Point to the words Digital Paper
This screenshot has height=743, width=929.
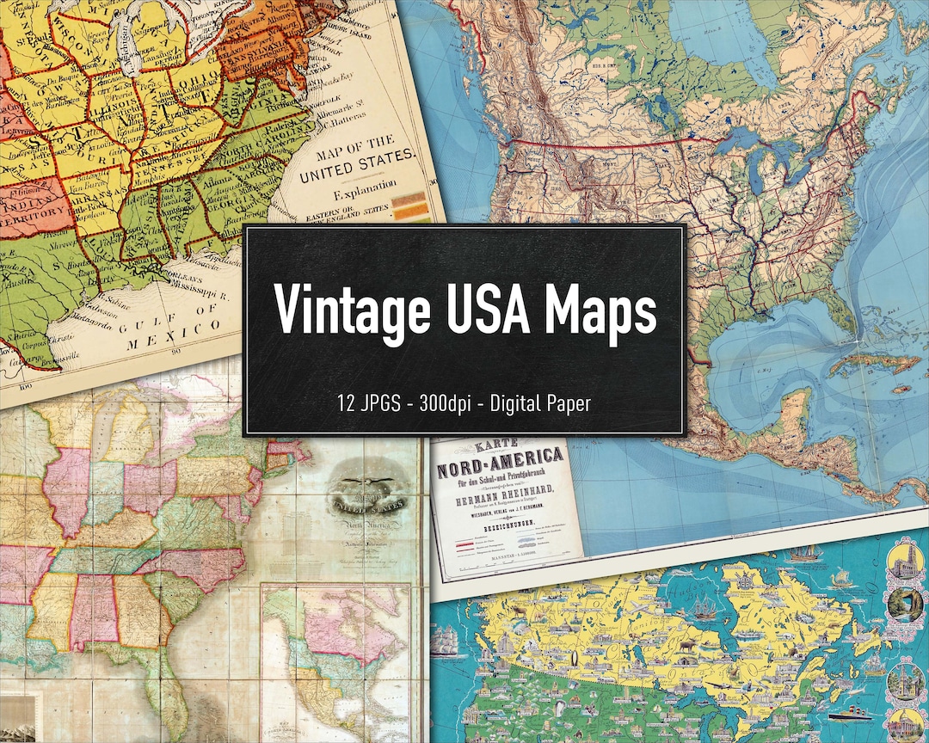540,403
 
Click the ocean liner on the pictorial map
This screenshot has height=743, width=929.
847,713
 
